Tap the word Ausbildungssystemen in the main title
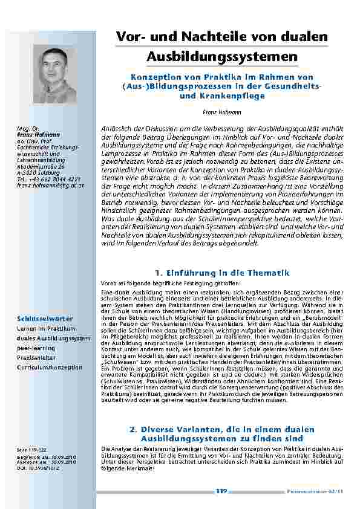click(222, 57)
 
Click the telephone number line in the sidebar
click(49, 163)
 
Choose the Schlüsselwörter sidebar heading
click(45, 319)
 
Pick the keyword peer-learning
click(34, 348)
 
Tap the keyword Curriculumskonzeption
click(50, 367)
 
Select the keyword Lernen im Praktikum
click(45, 328)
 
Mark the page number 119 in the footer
click(221, 493)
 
